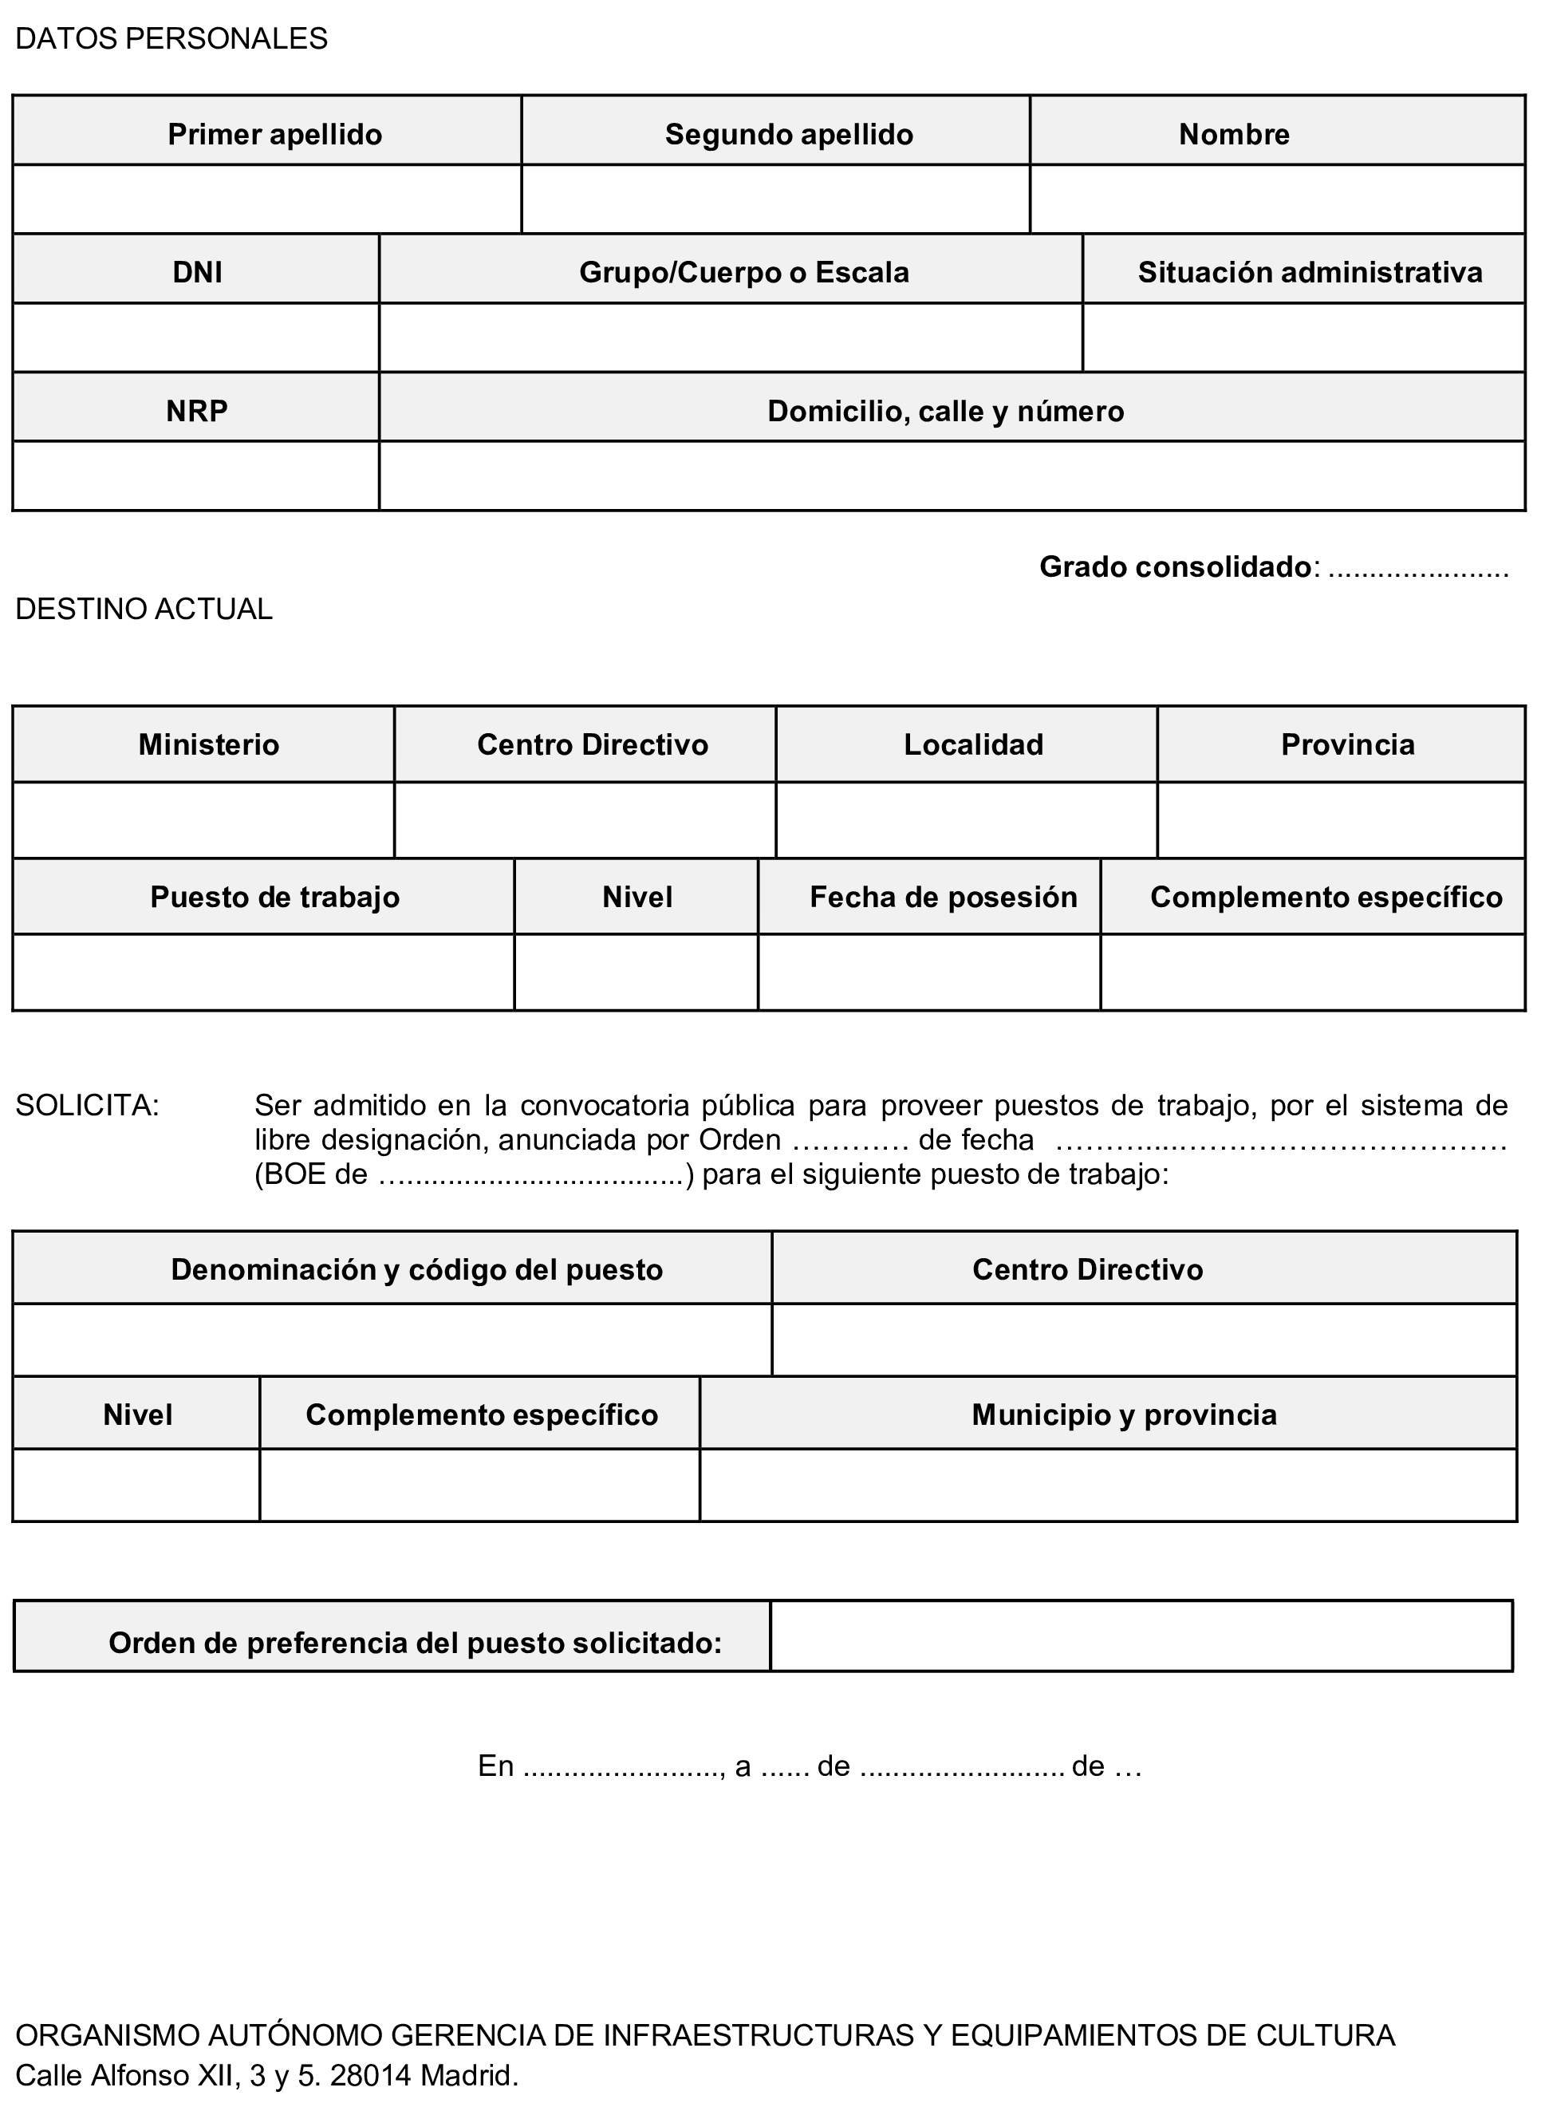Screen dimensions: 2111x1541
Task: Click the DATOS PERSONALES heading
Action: coord(171,39)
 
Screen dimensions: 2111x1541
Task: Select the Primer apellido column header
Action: coord(274,134)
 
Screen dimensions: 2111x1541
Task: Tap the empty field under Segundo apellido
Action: coord(775,199)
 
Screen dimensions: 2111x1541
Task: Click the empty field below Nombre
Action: coord(1277,199)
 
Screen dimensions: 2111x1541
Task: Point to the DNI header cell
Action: coord(197,272)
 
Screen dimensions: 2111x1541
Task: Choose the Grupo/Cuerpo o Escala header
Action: coord(743,272)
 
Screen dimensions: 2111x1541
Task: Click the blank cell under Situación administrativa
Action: coord(1303,337)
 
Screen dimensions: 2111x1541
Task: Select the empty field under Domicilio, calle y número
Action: coord(952,475)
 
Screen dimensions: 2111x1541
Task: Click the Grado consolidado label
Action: coord(1176,567)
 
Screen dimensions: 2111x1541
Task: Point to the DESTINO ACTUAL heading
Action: coord(144,610)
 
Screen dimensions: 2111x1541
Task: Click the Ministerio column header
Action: coord(209,744)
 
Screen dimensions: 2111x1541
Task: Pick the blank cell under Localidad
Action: coord(967,820)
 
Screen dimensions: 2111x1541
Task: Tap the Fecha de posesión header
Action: coord(943,898)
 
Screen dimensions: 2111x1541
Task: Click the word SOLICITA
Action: coord(88,1106)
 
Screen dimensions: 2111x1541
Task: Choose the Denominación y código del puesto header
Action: coord(416,1269)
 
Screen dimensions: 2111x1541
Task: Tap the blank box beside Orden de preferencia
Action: coord(1140,1636)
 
